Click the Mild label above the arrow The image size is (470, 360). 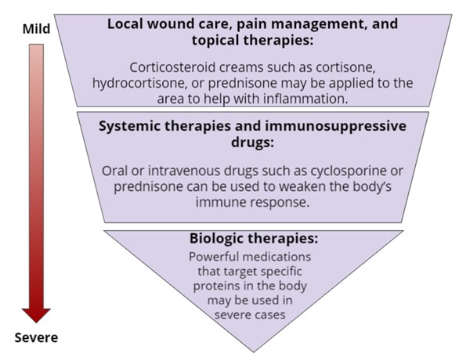coord(37,31)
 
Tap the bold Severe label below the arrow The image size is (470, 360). coord(36,339)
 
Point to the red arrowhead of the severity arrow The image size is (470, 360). coord(36,314)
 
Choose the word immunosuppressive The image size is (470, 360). coord(313,128)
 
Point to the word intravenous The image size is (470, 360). coord(185,171)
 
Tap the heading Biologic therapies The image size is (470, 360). coord(253,238)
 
